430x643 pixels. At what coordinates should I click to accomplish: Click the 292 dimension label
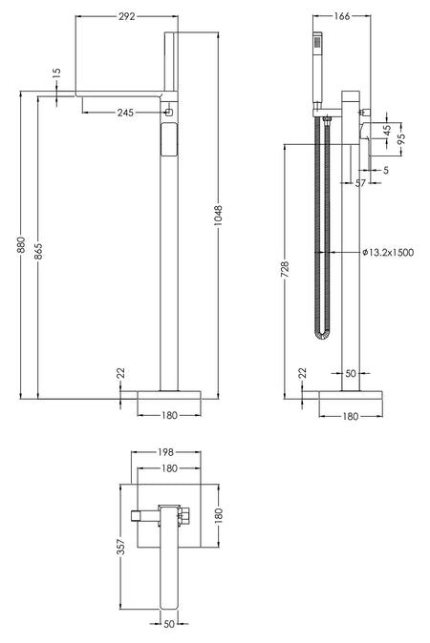(126, 16)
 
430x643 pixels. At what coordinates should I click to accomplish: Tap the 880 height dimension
(20, 245)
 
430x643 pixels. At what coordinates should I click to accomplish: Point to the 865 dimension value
(38, 251)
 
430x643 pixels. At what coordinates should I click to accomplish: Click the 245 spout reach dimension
(125, 113)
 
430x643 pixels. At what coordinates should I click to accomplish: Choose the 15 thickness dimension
(56, 73)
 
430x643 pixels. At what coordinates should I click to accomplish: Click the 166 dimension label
(342, 16)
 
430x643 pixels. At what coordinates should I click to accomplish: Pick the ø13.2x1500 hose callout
(388, 252)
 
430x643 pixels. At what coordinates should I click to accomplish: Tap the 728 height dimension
(285, 269)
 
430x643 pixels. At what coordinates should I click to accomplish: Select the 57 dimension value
(360, 183)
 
